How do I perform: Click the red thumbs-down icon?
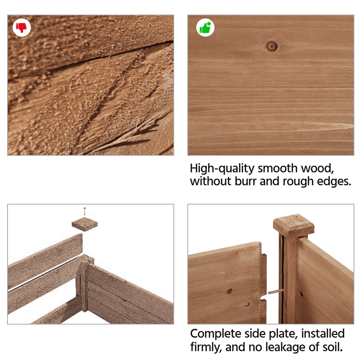pyautogui.click(x=22, y=28)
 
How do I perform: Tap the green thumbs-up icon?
pyautogui.click(x=205, y=28)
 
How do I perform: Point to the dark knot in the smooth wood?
pyautogui.click(x=272, y=46)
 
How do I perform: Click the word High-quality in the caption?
pyautogui.click(x=222, y=168)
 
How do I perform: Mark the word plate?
pyautogui.click(x=282, y=334)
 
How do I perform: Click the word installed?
pyautogui.click(x=323, y=333)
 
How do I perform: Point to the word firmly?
pyautogui.click(x=206, y=347)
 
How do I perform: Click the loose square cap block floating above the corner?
pyautogui.click(x=85, y=224)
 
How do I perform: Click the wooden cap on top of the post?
pyautogui.click(x=293, y=226)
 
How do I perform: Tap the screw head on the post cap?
pyautogui.click(x=291, y=223)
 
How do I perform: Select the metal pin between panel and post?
pyautogui.click(x=275, y=292)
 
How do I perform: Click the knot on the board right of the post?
pyautogui.click(x=301, y=294)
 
